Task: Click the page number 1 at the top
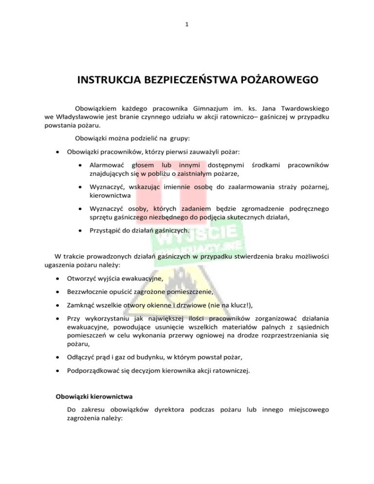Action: coord(187,23)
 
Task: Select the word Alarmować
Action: coord(106,166)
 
